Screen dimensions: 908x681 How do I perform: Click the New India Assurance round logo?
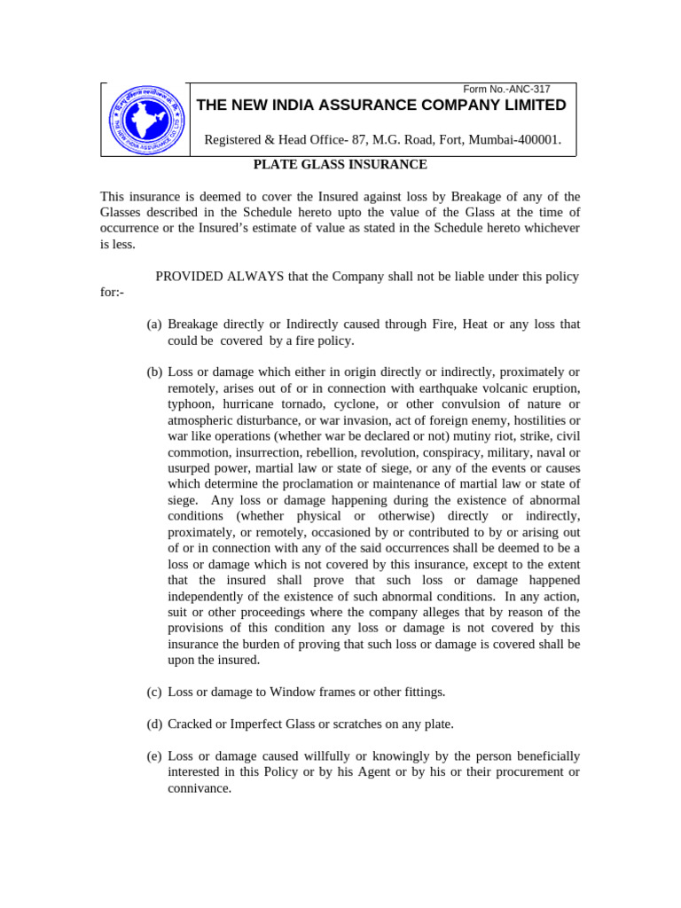pyautogui.click(x=147, y=121)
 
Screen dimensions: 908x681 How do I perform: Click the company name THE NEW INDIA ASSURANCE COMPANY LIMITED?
pyautogui.click(x=380, y=106)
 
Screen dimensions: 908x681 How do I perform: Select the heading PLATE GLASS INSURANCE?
pyautogui.click(x=328, y=164)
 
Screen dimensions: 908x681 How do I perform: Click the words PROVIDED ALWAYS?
pyautogui.click(x=219, y=277)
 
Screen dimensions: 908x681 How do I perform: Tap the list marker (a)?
pyautogui.click(x=154, y=325)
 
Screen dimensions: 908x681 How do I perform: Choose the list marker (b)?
pyautogui.click(x=154, y=372)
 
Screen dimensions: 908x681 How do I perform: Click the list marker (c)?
pyautogui.click(x=154, y=692)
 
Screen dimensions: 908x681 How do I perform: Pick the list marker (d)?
pyautogui.click(x=154, y=724)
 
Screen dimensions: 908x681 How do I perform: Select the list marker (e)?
pyautogui.click(x=154, y=755)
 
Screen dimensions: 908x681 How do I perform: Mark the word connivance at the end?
pyautogui.click(x=200, y=787)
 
